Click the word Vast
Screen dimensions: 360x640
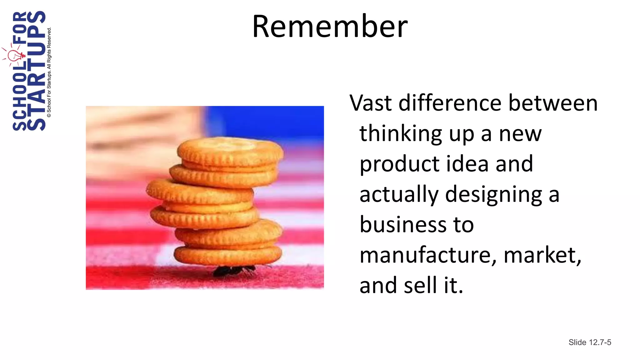point(370,103)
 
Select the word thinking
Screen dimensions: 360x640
point(401,134)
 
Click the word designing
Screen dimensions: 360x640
point(494,194)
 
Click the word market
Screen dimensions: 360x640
point(542,255)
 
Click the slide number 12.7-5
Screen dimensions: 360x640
point(600,342)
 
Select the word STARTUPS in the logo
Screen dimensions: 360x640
point(36,71)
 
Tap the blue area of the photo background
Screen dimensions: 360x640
point(266,120)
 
